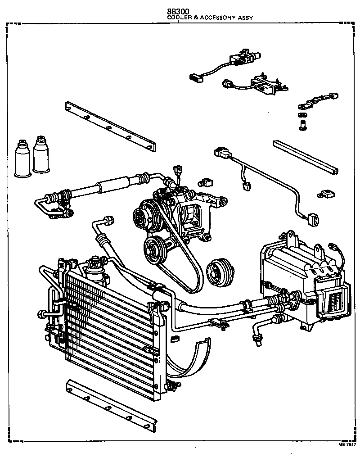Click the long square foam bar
tap(305, 157)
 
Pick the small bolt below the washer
tap(302, 126)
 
